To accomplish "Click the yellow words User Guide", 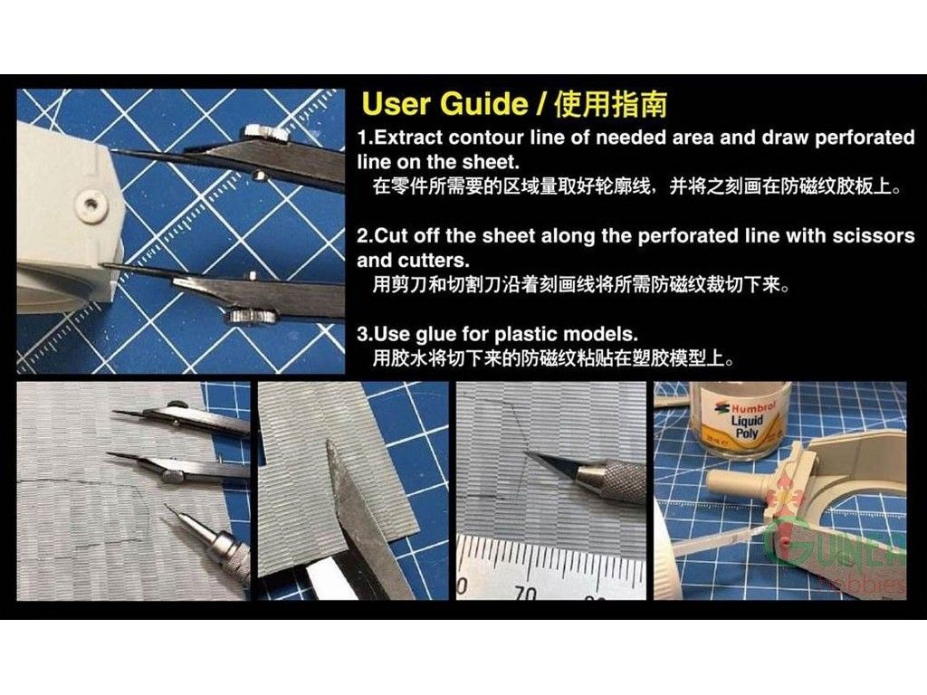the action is point(444,104).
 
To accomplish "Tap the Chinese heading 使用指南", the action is point(611,105).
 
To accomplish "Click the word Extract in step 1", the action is point(408,138).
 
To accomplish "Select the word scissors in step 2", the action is point(874,236).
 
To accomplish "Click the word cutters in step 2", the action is point(434,261).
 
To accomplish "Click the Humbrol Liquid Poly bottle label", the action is point(746,421).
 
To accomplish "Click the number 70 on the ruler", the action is point(524,593).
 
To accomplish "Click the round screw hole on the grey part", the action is point(90,204).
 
